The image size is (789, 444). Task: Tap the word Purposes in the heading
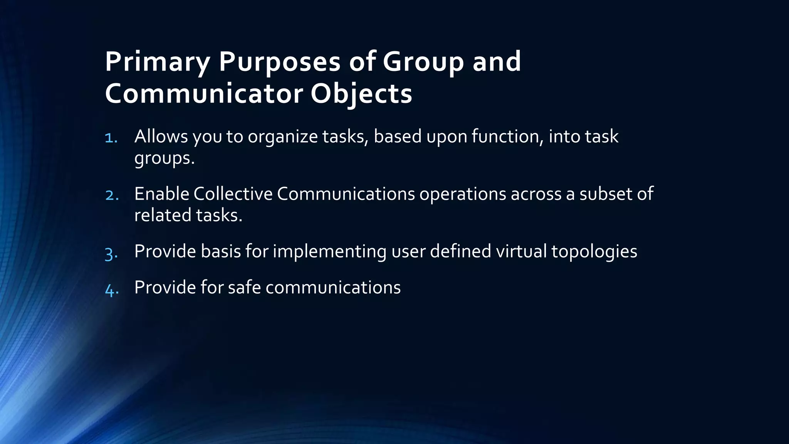coord(280,62)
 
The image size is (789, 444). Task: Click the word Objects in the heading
coord(361,94)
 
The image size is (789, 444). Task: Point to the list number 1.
coord(111,138)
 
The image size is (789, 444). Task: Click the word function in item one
coord(505,136)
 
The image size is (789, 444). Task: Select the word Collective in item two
coord(233,194)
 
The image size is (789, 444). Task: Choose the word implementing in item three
coord(329,252)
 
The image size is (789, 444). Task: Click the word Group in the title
coord(423,62)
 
